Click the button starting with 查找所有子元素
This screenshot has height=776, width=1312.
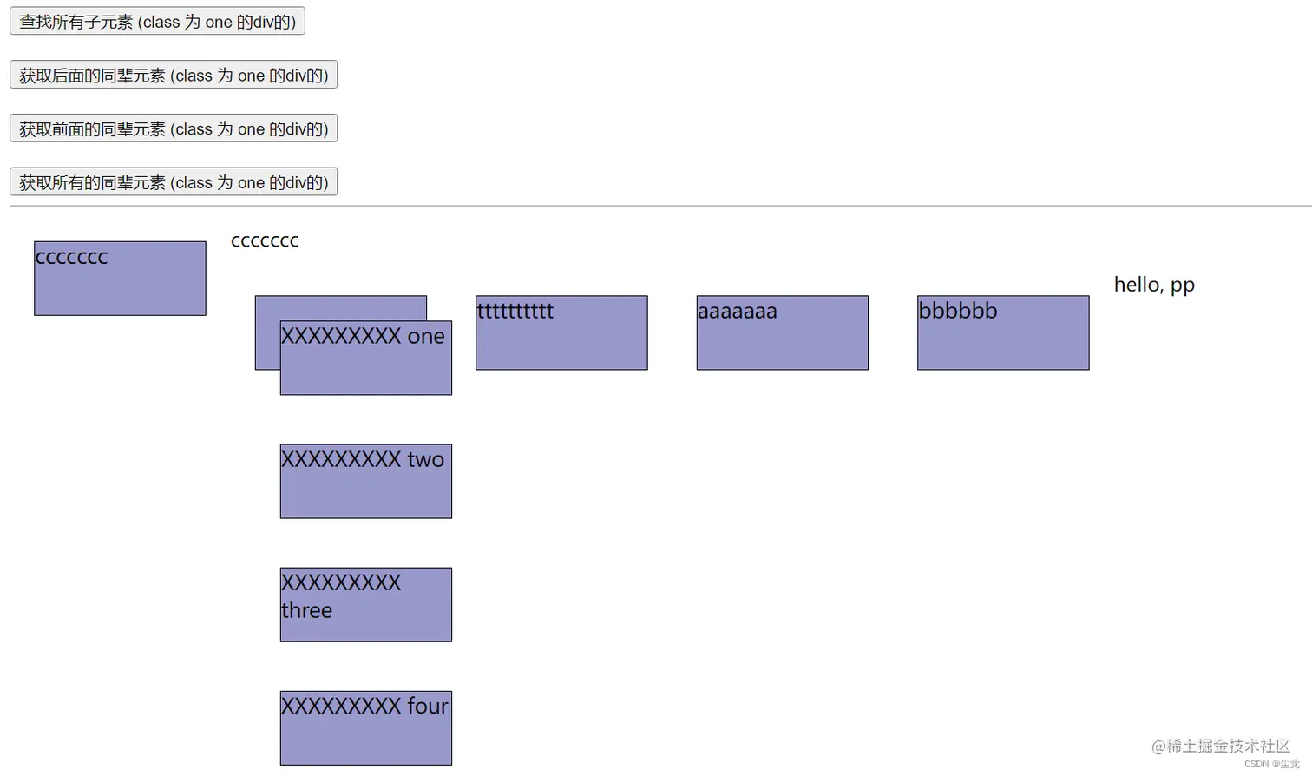coord(157,22)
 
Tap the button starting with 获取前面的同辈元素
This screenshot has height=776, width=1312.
coord(174,128)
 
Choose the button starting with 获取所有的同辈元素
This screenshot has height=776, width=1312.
coord(174,182)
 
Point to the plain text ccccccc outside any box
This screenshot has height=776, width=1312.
coord(265,240)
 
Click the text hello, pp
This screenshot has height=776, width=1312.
coord(1154,285)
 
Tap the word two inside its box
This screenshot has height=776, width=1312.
coord(425,459)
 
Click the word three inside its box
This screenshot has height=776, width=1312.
coord(306,610)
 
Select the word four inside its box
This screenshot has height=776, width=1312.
coord(428,706)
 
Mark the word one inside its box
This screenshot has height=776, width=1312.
coord(426,336)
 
